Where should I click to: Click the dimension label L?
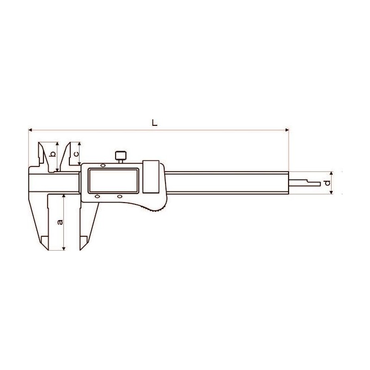click(154, 123)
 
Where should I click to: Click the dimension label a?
click(61, 222)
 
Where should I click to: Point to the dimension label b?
click(53, 154)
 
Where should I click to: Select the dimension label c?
click(76, 154)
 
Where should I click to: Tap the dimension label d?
click(327, 183)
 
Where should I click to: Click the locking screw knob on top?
click(121, 156)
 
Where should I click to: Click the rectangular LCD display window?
click(113, 181)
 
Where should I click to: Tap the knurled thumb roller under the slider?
click(154, 209)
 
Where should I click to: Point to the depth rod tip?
click(320, 184)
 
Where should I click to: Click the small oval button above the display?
click(103, 166)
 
